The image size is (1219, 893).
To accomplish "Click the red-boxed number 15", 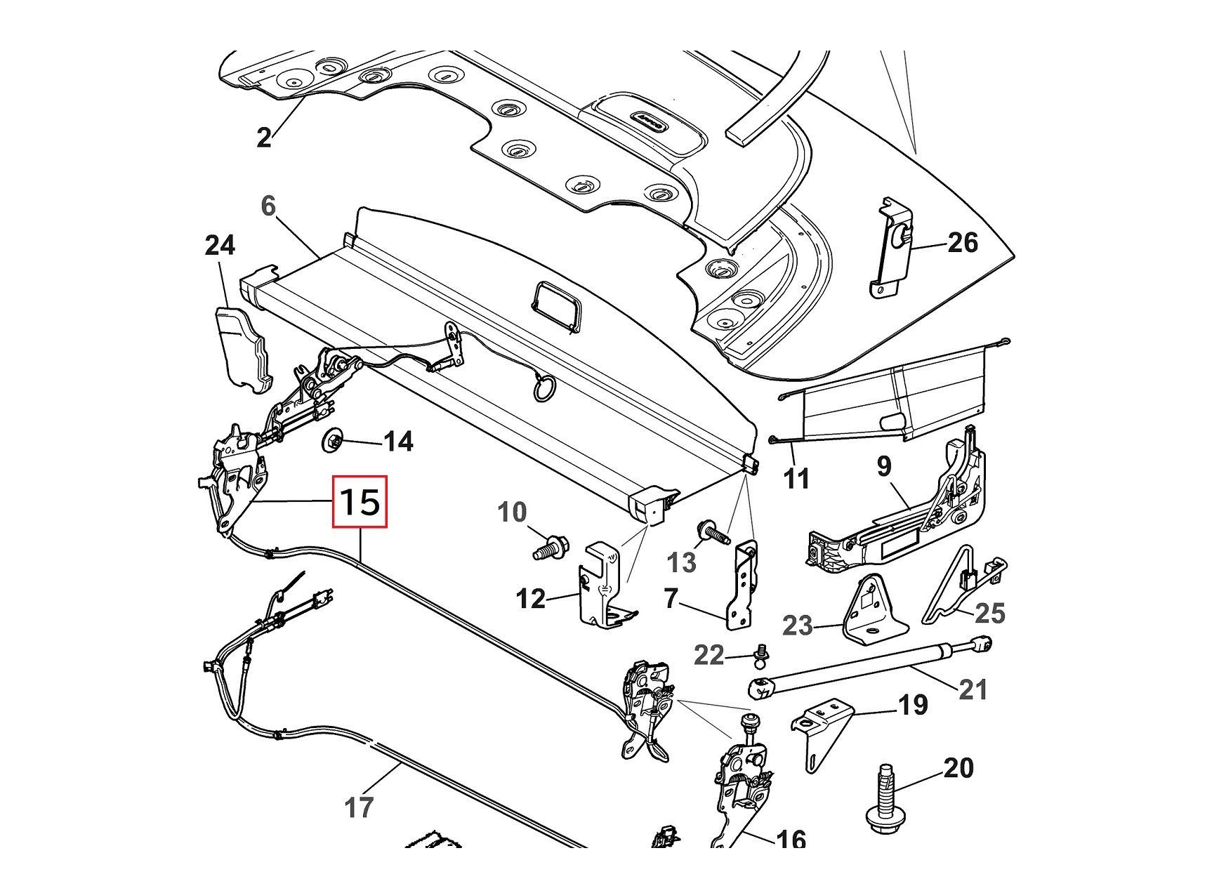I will pos(360,502).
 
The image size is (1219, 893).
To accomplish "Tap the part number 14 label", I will pos(398,442).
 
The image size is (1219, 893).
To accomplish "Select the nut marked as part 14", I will pos(333,442).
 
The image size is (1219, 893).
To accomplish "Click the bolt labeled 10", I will pos(551,545).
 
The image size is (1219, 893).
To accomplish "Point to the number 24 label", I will pos(220,246).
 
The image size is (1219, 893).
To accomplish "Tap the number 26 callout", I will pos(963,243).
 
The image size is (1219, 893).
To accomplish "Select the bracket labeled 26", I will pos(894,247).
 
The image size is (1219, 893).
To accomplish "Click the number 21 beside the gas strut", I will pos(973,689).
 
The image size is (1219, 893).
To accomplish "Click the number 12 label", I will pos(530,599).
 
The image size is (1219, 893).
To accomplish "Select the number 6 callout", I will pos(268,206).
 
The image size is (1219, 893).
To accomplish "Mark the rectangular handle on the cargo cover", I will pos(558,306).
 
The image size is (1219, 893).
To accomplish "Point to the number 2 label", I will pos(263,138).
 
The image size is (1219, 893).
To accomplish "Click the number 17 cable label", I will pos(359,808).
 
